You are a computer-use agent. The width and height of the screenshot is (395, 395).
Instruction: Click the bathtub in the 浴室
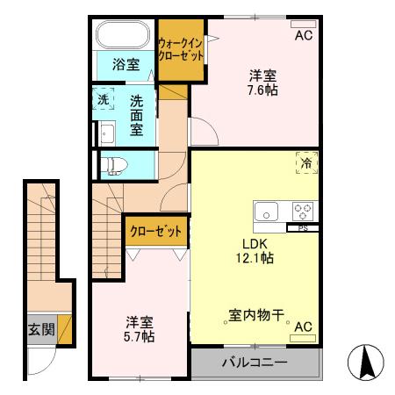(123, 36)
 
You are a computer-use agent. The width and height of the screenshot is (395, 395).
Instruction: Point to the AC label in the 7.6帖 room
(303, 36)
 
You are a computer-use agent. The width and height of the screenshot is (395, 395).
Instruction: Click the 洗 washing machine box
(104, 100)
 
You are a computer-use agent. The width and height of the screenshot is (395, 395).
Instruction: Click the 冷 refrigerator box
(306, 163)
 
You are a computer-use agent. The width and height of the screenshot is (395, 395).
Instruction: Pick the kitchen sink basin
(267, 212)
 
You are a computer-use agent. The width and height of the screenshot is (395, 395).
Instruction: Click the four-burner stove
(303, 212)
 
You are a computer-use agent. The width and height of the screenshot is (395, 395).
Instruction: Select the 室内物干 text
(255, 313)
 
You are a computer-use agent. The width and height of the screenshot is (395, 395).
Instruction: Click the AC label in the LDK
(303, 327)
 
